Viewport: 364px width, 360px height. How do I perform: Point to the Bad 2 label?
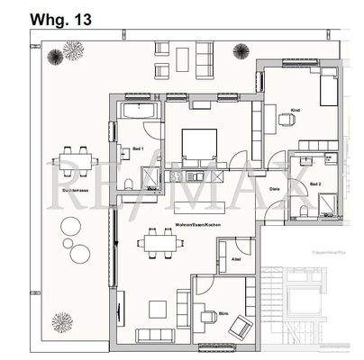[x=315, y=184]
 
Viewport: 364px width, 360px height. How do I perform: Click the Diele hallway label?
[x=275, y=189]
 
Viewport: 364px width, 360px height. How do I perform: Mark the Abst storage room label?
[x=236, y=260]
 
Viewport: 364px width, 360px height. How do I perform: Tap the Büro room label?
[x=224, y=314]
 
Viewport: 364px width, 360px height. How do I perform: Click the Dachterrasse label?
[x=68, y=191]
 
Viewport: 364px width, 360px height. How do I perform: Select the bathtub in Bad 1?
[x=140, y=112]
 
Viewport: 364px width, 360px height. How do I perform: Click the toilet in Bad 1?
[x=132, y=184]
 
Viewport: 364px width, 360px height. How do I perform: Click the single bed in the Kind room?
[x=326, y=90]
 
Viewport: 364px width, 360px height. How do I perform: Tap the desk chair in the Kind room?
[x=287, y=117]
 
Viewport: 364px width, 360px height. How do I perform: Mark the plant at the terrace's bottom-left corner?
[x=60, y=321]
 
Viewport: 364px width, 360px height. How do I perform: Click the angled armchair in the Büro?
[x=241, y=328]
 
